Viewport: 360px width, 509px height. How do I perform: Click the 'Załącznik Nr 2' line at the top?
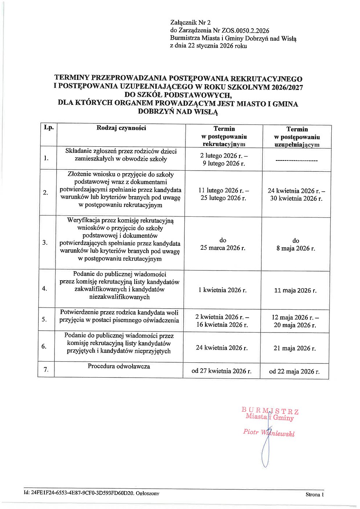[190, 23]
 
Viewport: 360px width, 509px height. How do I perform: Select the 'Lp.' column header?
[49, 127]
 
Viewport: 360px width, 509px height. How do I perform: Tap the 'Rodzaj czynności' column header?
[121, 128]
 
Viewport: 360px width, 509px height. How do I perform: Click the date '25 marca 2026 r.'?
[223, 248]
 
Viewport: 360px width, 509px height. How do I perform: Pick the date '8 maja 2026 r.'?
[296, 249]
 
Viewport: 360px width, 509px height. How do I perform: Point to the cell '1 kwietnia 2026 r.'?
[222, 290]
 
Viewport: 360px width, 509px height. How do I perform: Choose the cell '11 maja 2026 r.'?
[295, 290]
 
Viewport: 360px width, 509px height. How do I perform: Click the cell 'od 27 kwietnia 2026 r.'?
[221, 371]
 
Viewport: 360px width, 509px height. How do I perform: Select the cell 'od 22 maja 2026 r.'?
[294, 371]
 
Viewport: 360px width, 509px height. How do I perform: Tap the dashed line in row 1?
[296, 160]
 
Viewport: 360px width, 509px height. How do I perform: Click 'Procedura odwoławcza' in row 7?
[119, 366]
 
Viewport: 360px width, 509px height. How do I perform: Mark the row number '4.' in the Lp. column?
[45, 289]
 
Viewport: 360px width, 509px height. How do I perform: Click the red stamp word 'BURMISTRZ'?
[270, 411]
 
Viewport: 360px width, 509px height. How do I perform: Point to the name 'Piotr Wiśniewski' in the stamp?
[269, 433]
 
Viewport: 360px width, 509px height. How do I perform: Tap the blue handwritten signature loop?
[265, 454]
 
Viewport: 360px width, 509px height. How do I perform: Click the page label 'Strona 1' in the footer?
[314, 494]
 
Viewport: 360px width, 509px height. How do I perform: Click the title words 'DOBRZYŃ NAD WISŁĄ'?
[178, 112]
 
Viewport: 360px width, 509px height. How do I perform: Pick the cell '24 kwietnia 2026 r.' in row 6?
[222, 348]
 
